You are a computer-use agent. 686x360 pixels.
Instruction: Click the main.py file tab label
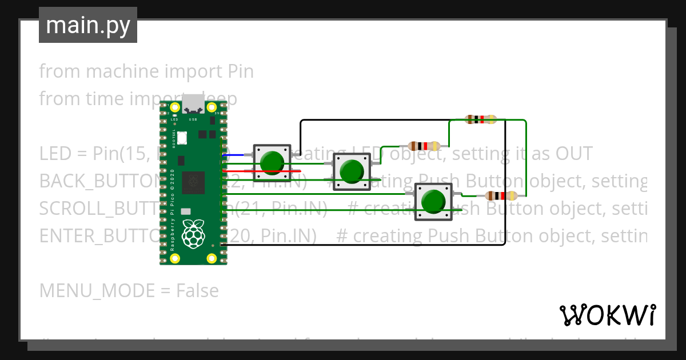coord(87,25)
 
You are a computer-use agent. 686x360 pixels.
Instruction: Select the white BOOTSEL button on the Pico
coord(182,138)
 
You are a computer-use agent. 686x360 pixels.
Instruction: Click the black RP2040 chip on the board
coord(193,183)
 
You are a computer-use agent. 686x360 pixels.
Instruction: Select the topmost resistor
coord(481,119)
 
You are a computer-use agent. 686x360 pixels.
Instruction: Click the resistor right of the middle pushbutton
coord(424,146)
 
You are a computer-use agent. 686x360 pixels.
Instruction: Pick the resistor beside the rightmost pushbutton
coord(501,196)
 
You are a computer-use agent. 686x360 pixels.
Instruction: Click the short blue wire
coord(233,155)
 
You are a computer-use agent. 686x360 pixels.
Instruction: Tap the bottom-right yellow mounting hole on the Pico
coord(212,258)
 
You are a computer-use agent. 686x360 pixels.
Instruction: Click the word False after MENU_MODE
coord(197,291)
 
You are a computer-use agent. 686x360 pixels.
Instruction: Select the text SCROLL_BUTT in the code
coord(98,209)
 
